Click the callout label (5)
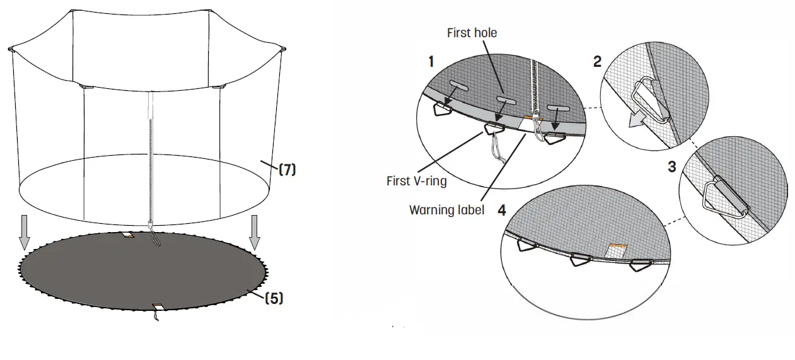click(x=272, y=298)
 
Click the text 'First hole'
click(x=472, y=33)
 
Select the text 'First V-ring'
click(x=416, y=181)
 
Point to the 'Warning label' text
click(x=446, y=209)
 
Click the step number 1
click(x=431, y=62)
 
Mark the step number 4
click(x=502, y=210)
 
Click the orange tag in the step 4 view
click(x=618, y=245)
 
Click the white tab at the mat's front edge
click(x=158, y=307)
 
